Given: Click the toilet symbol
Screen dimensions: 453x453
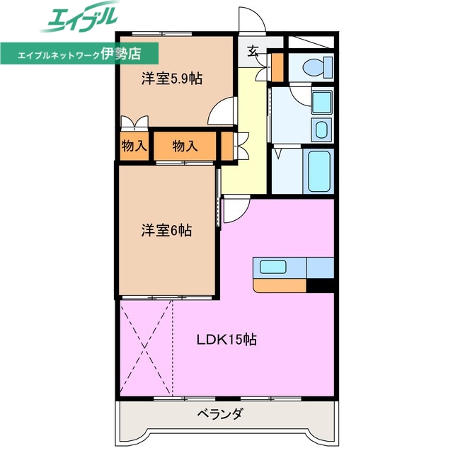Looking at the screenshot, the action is (318, 68).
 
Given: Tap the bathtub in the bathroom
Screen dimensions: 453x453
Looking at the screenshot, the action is (319, 171).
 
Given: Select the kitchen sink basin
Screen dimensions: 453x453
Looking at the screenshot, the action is (273, 267).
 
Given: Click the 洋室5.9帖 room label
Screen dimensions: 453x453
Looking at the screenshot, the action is (171, 79).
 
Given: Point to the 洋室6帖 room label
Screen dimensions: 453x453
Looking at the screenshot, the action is (166, 231).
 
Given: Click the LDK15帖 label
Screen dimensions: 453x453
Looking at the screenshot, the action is (226, 340).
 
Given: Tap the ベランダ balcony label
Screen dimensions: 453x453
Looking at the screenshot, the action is (219, 413).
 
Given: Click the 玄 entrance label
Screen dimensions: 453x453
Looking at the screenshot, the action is (252, 52).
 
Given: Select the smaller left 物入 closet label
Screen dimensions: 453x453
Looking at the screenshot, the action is (134, 146).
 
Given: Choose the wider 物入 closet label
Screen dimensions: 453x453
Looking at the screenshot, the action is (185, 146).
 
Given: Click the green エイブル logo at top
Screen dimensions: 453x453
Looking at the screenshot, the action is (79, 17).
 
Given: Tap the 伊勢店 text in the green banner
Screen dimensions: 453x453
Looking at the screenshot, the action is (121, 54).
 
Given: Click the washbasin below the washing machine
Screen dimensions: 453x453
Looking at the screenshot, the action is (321, 130).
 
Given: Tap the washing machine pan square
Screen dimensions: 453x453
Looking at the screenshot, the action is (321, 102).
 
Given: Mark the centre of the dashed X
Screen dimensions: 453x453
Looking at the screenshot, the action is (147, 347).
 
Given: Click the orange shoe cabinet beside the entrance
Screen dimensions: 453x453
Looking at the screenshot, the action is (278, 67).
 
